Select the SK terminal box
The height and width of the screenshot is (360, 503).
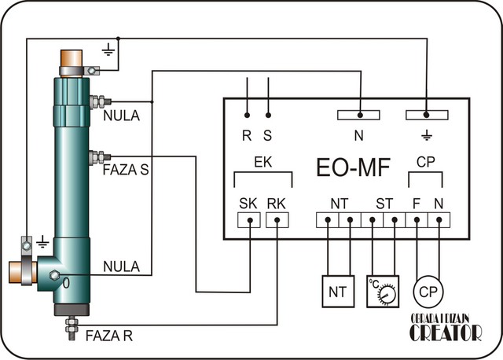point(249,221)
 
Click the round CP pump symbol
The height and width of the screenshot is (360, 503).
point(428,290)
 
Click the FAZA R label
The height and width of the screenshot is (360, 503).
point(110,336)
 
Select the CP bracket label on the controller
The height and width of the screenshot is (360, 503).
point(426,162)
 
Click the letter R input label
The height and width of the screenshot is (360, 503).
point(247,134)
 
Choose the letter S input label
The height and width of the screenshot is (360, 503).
point(269,134)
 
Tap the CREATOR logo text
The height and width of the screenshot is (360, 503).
point(445,333)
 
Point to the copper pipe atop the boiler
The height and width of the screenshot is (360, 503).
point(73,58)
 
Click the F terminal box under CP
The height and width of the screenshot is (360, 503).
point(416,221)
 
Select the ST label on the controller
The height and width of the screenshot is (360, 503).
point(384,204)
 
